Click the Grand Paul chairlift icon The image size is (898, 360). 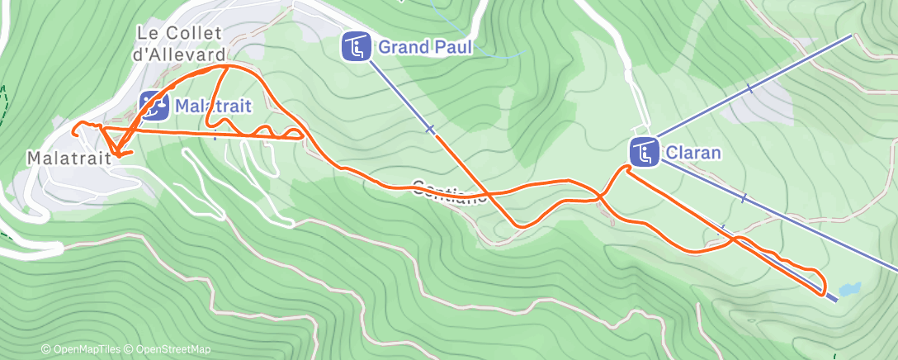(x=356, y=46)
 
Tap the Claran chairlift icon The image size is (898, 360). (x=644, y=152)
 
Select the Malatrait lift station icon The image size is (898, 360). (x=153, y=104)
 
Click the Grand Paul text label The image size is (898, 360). (x=425, y=47)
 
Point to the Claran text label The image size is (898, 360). (x=693, y=153)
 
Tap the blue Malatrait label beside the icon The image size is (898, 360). (x=212, y=105)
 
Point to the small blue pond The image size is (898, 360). (x=849, y=289)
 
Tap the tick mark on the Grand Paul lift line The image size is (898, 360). (x=429, y=129)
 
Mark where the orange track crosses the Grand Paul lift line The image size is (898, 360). (x=488, y=193)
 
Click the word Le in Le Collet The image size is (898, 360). (x=147, y=34)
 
